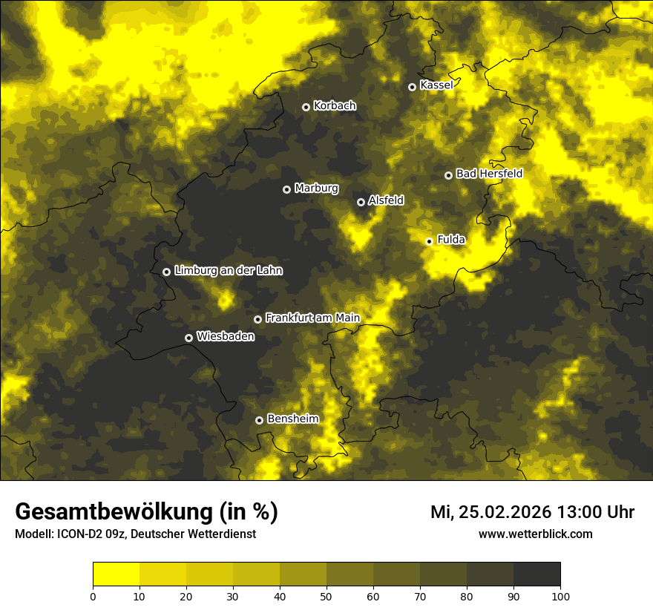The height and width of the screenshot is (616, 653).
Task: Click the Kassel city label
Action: click(x=436, y=85)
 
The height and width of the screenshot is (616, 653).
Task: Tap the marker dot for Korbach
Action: click(x=306, y=107)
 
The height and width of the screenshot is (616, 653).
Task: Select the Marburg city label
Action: click(x=316, y=189)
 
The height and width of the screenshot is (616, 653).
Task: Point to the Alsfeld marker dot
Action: click(x=361, y=202)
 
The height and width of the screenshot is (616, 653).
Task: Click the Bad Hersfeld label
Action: click(x=489, y=174)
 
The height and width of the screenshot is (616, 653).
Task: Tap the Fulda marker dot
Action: click(x=429, y=241)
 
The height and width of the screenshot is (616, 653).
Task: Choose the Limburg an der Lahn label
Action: click(x=228, y=271)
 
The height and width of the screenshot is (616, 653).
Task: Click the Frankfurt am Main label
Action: click(x=312, y=318)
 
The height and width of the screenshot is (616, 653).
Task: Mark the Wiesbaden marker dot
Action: click(x=188, y=338)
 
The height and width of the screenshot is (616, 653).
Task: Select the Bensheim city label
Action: click(x=292, y=419)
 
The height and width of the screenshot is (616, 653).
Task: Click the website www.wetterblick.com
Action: click(x=536, y=534)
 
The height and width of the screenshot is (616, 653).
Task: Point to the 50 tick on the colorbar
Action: click(x=326, y=595)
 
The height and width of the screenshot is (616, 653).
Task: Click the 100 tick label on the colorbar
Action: click(x=560, y=596)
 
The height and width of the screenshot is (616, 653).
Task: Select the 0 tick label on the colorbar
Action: click(x=93, y=596)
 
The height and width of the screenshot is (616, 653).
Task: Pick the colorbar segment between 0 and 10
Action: click(x=116, y=574)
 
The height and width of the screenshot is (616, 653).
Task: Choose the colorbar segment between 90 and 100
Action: click(x=536, y=574)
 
